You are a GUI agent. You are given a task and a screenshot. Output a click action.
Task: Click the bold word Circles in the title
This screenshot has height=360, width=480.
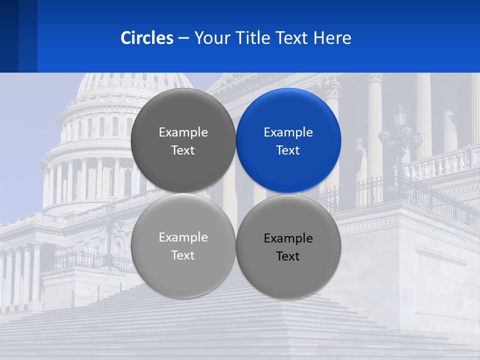click(147, 38)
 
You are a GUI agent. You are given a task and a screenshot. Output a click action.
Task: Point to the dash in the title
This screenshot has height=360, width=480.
click(183, 38)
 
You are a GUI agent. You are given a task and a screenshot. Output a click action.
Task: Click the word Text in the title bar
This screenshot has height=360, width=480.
click(292, 38)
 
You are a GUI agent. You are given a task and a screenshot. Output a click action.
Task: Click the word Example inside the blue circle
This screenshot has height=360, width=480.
click(288, 132)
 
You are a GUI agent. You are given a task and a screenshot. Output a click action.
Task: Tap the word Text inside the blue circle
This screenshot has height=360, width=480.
click(288, 150)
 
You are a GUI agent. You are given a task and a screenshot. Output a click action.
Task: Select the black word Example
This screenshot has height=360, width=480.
click(288, 238)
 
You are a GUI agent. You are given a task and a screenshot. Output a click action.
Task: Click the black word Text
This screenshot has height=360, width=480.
click(288, 256)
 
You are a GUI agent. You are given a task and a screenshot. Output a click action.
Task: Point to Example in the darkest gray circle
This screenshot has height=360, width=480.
click(183, 132)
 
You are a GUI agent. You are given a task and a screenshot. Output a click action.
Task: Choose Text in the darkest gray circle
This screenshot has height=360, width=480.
click(183, 150)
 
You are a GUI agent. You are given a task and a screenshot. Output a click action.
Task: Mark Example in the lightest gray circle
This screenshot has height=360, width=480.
click(183, 237)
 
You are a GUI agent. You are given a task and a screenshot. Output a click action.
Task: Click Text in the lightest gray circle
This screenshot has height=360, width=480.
click(183, 255)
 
